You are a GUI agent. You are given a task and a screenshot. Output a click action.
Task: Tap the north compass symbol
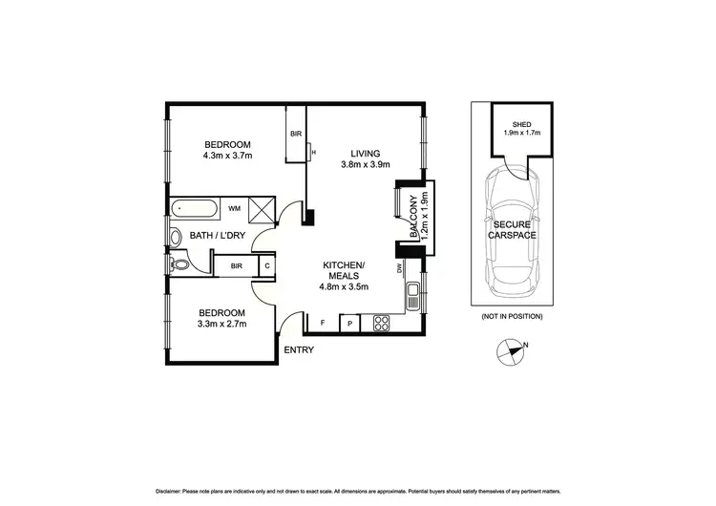click(x=512, y=352)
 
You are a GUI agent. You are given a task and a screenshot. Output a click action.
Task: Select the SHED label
click(x=521, y=123)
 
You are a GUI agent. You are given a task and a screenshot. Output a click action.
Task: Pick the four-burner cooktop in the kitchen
click(x=381, y=323)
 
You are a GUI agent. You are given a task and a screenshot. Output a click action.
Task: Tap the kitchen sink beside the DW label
click(x=412, y=295)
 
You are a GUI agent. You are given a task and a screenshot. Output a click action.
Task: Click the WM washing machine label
click(x=234, y=206)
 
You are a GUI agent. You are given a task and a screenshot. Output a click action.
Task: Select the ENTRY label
click(x=299, y=349)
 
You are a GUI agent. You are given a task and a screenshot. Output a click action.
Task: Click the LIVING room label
click(x=365, y=153)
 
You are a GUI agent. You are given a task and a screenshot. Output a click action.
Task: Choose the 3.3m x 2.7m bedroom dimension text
click(x=221, y=325)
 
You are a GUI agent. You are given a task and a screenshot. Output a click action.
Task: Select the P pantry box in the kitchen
click(x=350, y=323)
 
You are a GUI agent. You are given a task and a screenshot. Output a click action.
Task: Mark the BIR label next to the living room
click(x=296, y=135)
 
